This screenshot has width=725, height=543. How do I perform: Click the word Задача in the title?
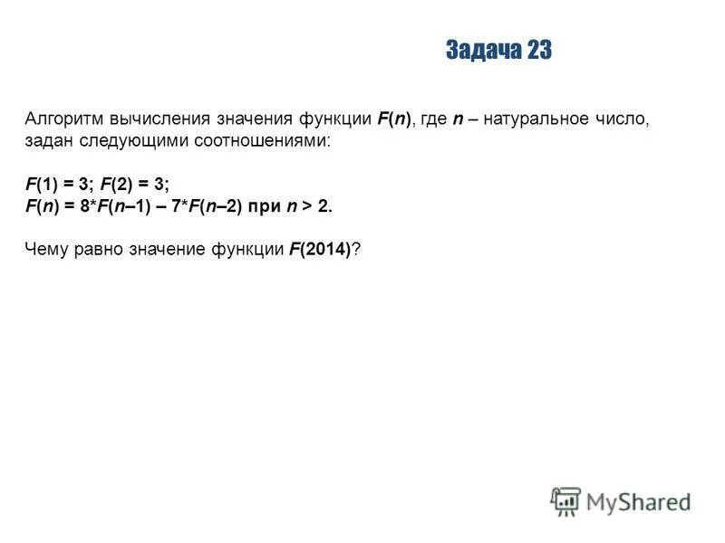click(x=481, y=51)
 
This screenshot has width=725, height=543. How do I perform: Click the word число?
click(x=625, y=119)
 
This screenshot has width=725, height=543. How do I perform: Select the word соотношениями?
click(x=236, y=142)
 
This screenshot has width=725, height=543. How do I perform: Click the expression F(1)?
click(x=43, y=184)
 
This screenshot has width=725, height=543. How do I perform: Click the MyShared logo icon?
click(x=565, y=501)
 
